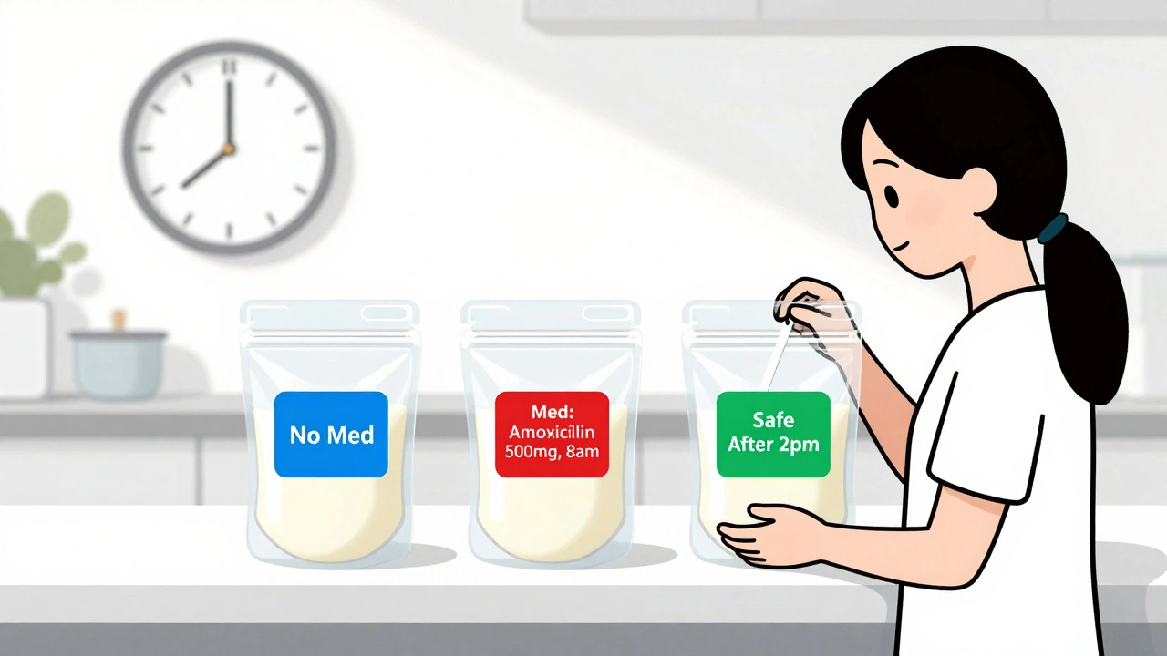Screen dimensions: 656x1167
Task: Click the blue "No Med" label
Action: [x=332, y=435]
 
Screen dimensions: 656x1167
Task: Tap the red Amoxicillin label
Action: [x=552, y=435]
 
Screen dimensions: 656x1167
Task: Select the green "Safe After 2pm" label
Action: [x=773, y=434]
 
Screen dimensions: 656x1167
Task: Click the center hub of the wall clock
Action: [x=228, y=147]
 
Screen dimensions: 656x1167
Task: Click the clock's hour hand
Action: [x=207, y=166]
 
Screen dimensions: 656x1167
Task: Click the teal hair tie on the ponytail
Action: [x=1052, y=228]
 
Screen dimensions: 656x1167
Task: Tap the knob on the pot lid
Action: [x=118, y=319]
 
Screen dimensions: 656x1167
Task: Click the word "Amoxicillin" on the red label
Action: [x=552, y=431]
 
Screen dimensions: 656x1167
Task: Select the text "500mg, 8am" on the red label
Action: [x=552, y=450]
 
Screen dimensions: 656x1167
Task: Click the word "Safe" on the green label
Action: [x=773, y=420]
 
